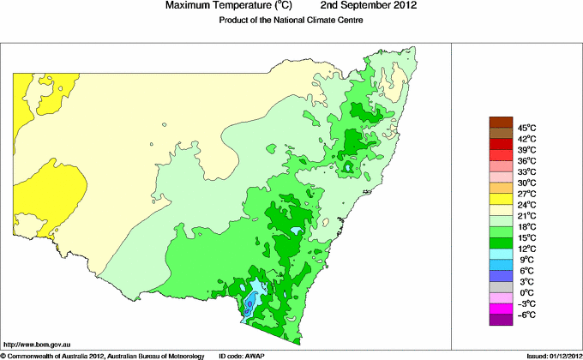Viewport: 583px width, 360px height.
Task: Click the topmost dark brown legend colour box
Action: coord(500,122)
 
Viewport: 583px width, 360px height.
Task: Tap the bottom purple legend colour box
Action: coord(500,320)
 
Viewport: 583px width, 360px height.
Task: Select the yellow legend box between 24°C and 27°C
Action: coord(500,199)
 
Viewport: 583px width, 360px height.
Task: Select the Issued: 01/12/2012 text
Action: coord(549,355)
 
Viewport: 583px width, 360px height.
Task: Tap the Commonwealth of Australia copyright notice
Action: coord(103,355)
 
